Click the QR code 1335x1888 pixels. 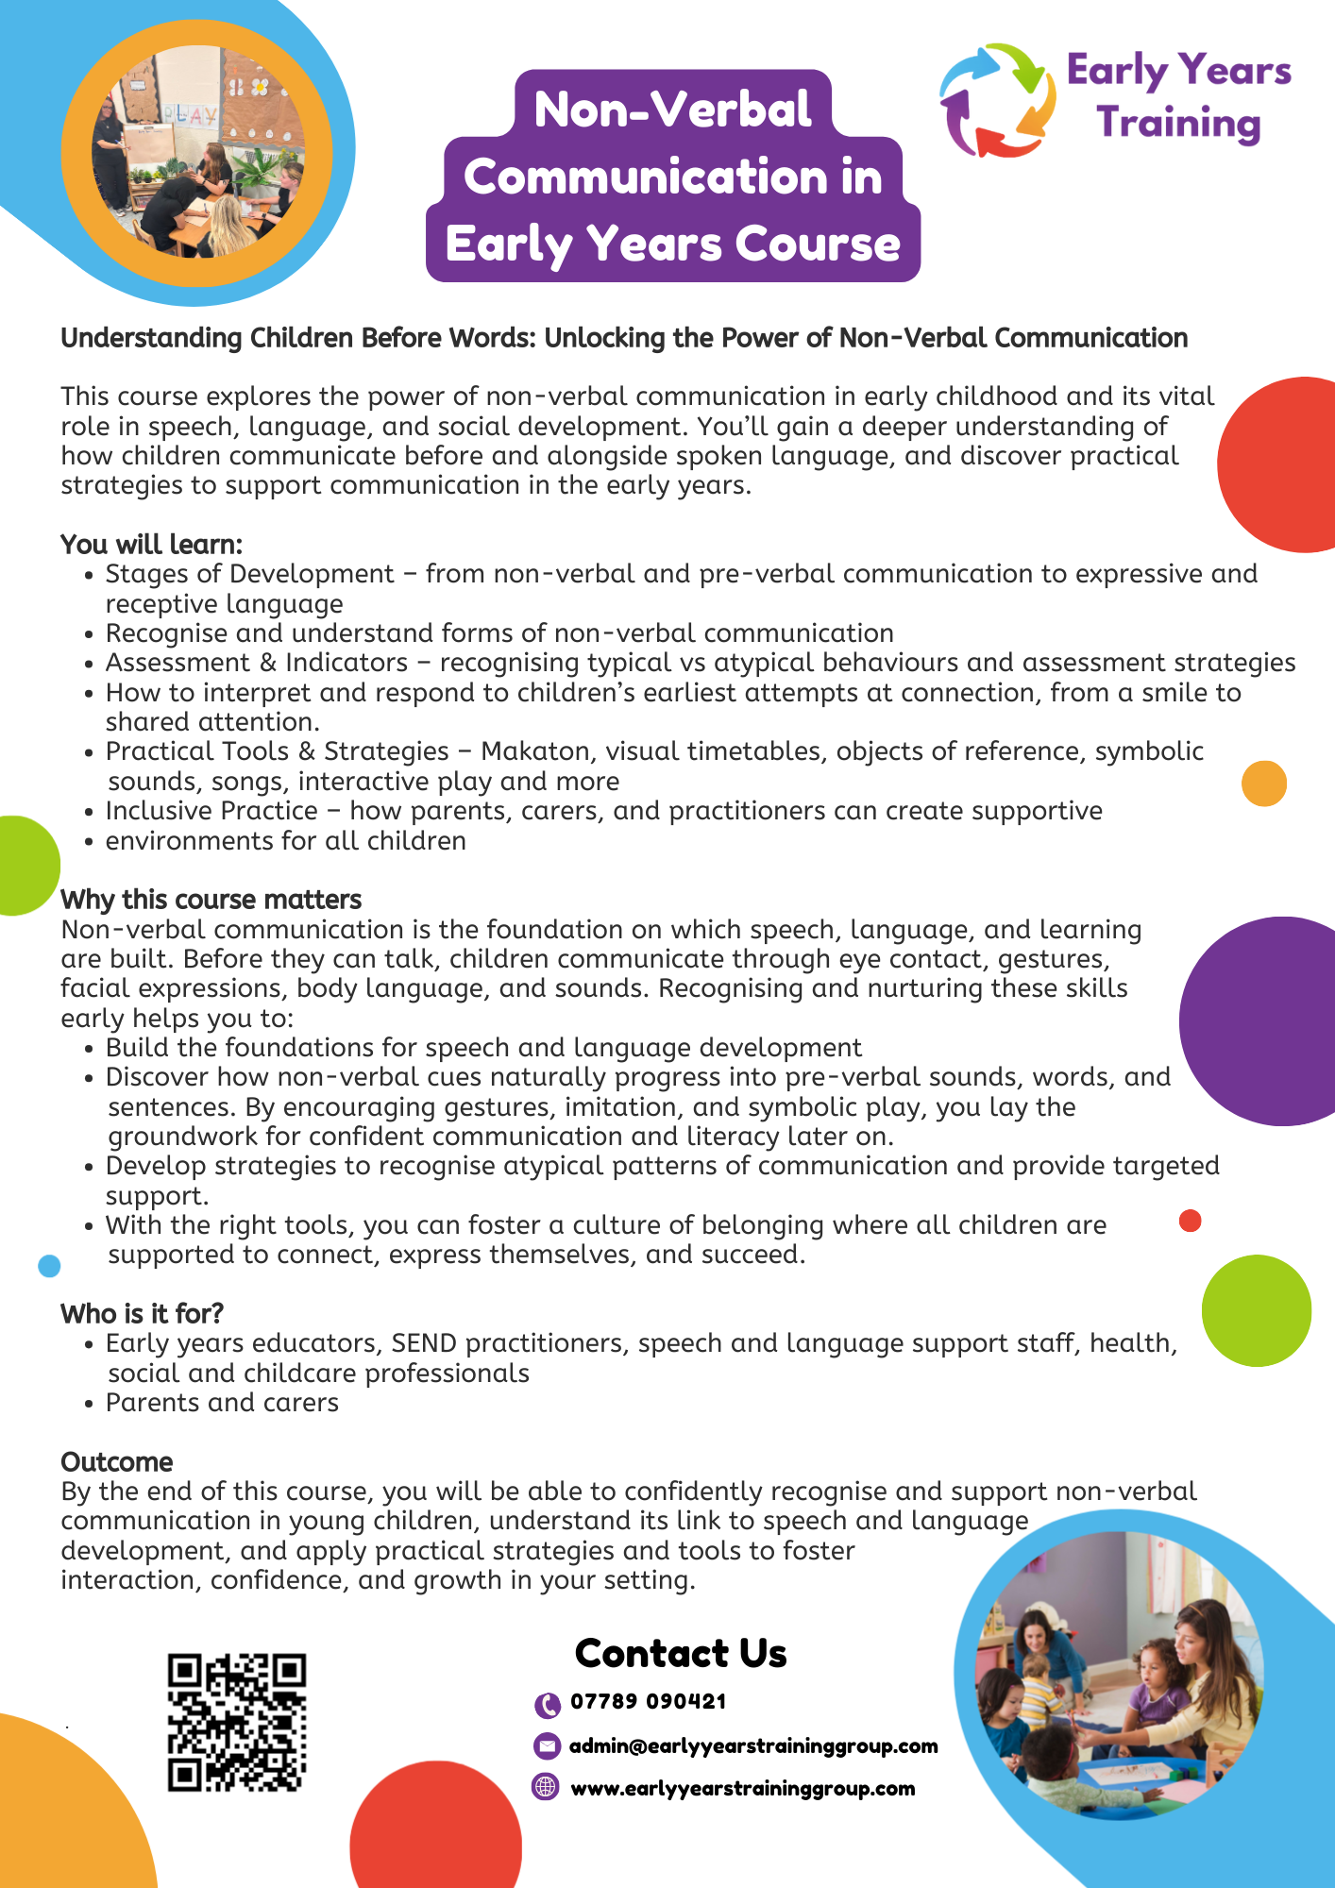237,1722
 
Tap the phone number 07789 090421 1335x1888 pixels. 648,1702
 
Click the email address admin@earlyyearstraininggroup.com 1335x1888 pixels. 753,1746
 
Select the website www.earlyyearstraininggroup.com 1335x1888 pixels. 742,1789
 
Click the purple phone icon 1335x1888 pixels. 547,1705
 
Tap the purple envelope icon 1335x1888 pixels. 547,1746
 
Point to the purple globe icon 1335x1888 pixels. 546,1787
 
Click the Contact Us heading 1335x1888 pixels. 681,1654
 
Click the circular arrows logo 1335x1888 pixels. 997,99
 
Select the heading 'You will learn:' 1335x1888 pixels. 152,545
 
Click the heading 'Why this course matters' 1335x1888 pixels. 211,900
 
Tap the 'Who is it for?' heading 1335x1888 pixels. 142,1314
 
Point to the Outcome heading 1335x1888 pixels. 117,1462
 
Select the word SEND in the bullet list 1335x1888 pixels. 424,1343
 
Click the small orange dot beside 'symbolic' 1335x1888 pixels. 1264,784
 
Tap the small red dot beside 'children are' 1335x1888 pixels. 1191,1222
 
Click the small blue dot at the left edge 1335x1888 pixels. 49,1266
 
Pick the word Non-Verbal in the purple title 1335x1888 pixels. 672,110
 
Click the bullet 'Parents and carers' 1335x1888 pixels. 222,1403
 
